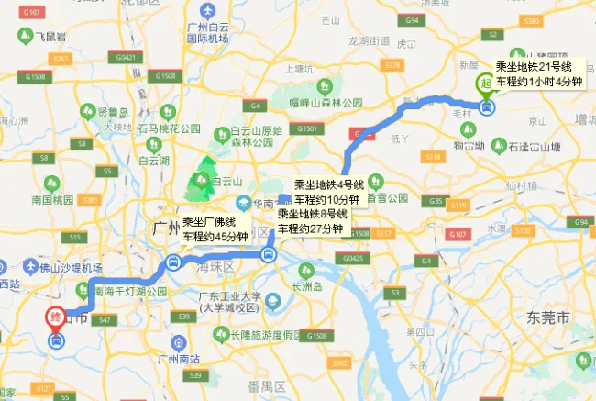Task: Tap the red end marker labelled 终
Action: (x=55, y=318)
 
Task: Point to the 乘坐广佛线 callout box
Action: (x=215, y=228)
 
